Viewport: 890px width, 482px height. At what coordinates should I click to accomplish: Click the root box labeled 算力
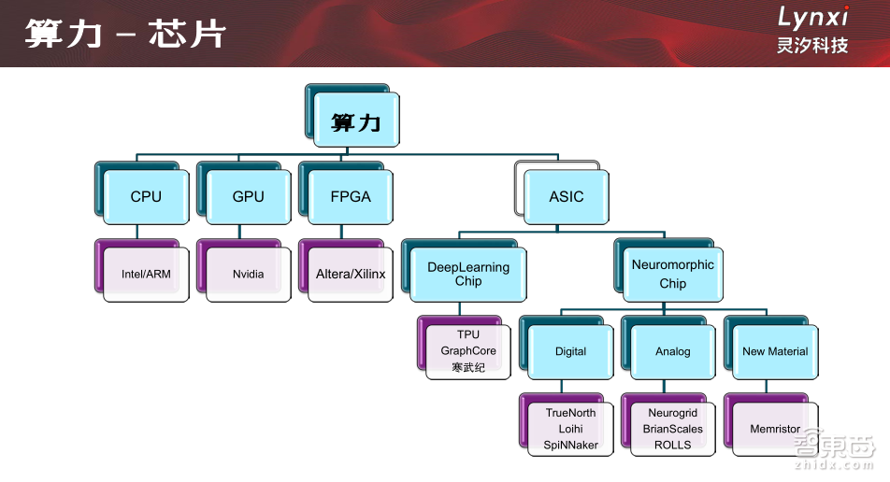tap(356, 121)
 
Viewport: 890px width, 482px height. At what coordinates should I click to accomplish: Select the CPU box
tap(146, 196)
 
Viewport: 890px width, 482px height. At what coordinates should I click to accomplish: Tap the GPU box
tap(248, 196)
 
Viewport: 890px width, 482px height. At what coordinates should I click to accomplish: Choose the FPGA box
tap(351, 196)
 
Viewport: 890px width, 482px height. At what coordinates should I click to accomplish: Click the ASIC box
tap(567, 196)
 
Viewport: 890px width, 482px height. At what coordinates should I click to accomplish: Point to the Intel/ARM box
tap(146, 274)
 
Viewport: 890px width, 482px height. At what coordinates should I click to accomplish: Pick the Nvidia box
tap(248, 274)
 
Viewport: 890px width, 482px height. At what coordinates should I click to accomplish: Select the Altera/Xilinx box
tap(351, 274)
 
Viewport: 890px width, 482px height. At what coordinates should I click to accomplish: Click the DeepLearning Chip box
tap(468, 274)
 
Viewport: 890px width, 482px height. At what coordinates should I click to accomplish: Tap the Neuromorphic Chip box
tap(672, 274)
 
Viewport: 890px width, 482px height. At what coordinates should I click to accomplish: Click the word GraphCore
tap(468, 351)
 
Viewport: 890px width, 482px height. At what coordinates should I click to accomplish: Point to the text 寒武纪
tap(468, 367)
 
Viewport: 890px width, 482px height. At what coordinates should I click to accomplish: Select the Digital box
tap(570, 351)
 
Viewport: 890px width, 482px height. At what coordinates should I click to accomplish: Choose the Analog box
tap(672, 351)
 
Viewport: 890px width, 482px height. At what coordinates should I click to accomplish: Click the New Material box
tap(775, 351)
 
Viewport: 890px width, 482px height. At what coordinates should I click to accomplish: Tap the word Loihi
tap(570, 429)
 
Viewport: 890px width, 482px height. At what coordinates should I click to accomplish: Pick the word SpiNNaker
tap(570, 445)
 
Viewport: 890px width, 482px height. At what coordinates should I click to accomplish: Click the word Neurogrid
tap(672, 413)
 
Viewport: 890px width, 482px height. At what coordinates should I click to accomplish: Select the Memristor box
tap(775, 429)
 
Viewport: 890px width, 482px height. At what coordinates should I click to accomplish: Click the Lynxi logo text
tap(812, 17)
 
